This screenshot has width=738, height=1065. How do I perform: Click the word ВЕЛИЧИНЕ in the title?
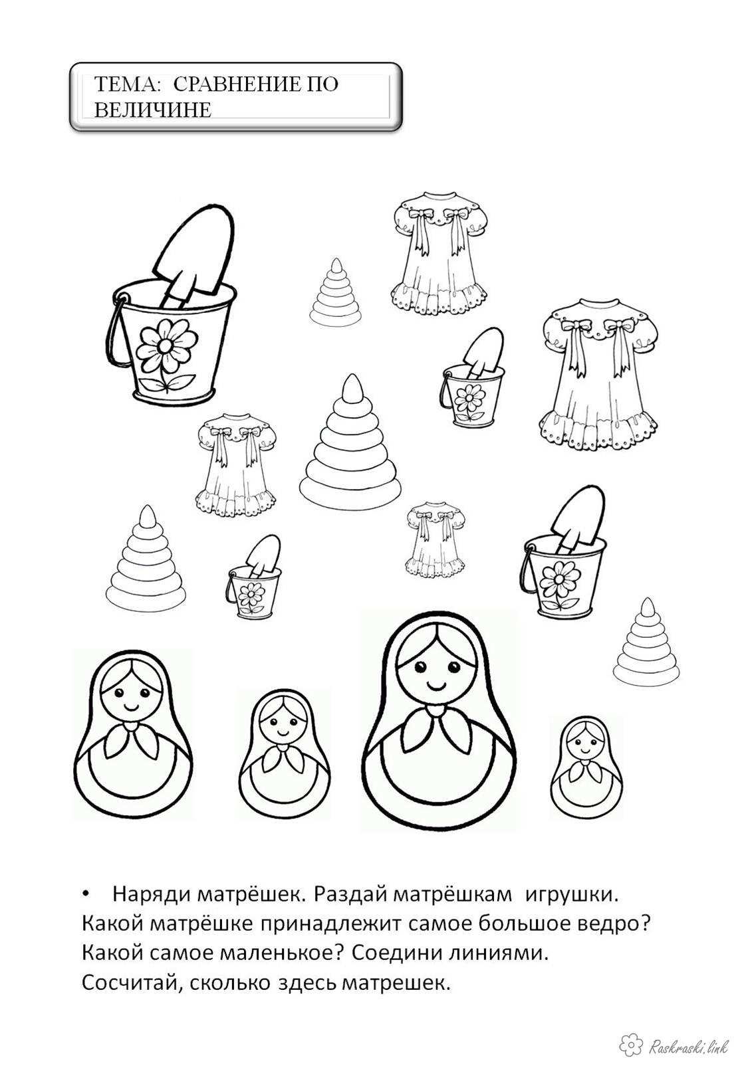[152, 110]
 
